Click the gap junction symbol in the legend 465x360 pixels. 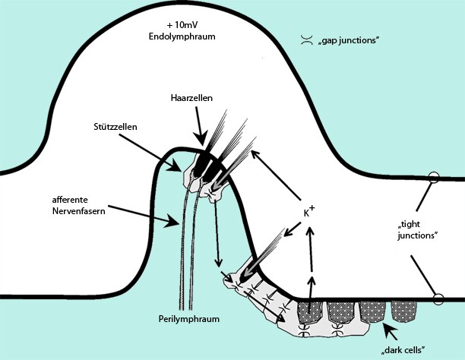click(x=305, y=39)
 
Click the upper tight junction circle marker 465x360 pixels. click(x=434, y=178)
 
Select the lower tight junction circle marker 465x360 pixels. click(x=438, y=299)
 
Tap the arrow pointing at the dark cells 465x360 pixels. click(x=391, y=331)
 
